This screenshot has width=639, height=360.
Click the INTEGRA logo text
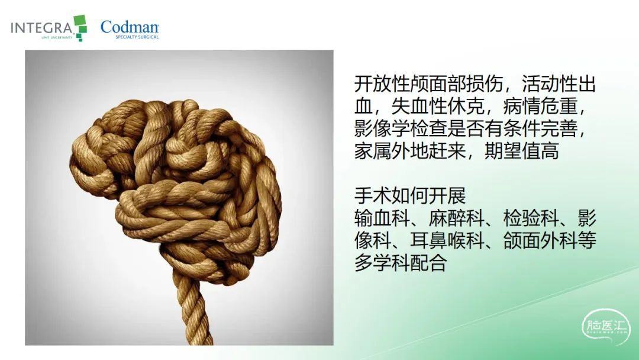tap(41, 28)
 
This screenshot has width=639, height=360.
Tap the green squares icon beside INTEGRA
tap(80, 28)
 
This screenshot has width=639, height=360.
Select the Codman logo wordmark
tap(130, 27)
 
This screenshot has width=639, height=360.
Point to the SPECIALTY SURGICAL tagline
tap(137, 37)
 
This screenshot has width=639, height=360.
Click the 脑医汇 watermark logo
tap(606, 327)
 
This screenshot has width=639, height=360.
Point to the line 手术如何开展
tap(410, 196)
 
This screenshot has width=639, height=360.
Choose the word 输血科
tap(382, 218)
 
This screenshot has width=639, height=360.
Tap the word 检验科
tap(531, 218)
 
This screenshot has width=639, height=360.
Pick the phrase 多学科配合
tap(401, 263)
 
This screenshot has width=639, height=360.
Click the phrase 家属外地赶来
tap(410, 151)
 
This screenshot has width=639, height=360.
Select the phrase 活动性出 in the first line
tap(559, 84)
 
